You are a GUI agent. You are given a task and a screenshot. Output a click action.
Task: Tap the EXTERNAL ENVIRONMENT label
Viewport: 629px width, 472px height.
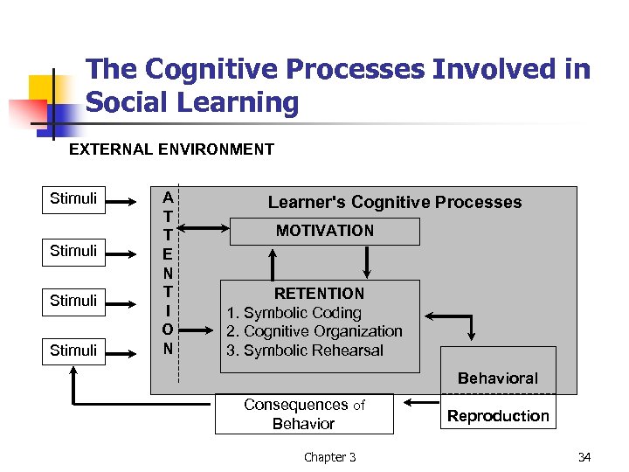click(x=171, y=149)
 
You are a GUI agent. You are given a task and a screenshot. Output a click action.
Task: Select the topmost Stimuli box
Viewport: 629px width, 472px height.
click(x=73, y=198)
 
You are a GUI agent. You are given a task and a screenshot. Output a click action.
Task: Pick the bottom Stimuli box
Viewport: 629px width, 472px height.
click(x=73, y=351)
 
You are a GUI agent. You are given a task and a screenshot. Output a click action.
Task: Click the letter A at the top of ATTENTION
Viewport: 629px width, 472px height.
click(x=167, y=198)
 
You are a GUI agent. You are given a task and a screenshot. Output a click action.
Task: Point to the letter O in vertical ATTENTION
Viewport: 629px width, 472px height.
click(x=167, y=329)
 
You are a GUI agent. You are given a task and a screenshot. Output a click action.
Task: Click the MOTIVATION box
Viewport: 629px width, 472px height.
click(x=324, y=231)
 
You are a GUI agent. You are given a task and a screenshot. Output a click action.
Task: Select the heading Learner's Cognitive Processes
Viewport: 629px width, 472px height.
click(x=394, y=202)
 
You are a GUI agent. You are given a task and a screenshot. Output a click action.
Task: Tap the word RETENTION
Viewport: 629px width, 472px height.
click(x=319, y=294)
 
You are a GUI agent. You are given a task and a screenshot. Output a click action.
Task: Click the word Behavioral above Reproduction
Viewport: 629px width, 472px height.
click(x=498, y=378)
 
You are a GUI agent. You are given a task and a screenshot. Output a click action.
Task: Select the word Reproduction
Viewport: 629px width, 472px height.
click(x=498, y=416)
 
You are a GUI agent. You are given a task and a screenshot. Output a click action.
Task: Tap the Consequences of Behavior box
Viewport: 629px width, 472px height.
click(x=304, y=414)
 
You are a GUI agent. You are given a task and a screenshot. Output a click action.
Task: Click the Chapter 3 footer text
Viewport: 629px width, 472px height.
click(x=329, y=457)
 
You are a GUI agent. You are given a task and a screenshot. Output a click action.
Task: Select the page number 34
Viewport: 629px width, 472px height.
click(x=584, y=457)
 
